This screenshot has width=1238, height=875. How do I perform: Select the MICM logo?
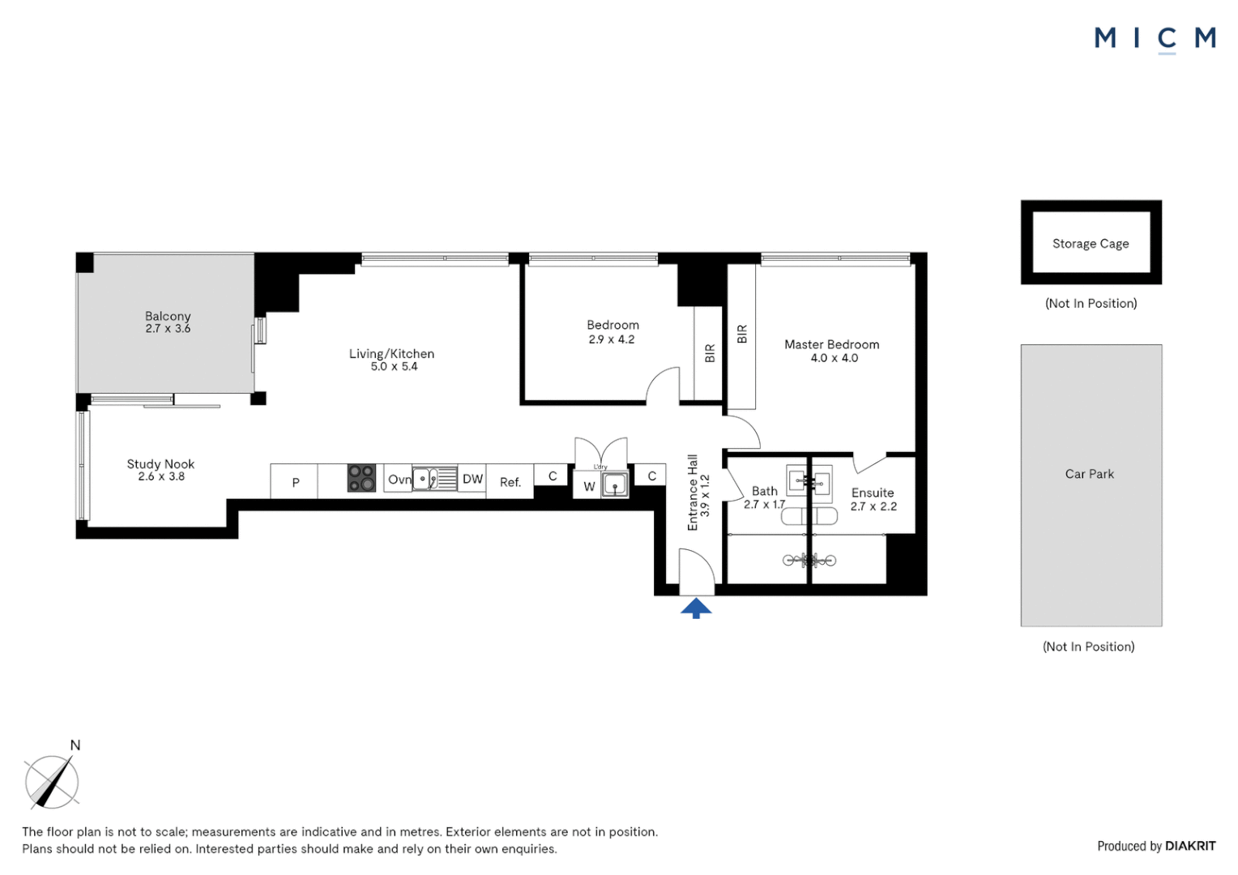click(1155, 39)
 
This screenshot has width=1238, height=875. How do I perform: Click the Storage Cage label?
click(1090, 244)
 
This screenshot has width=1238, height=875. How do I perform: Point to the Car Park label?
click(1089, 474)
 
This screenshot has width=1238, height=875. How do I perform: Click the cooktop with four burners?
click(361, 478)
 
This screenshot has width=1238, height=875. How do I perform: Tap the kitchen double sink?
click(435, 479)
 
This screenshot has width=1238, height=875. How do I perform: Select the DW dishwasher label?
click(472, 479)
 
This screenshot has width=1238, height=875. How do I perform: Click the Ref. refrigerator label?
click(510, 482)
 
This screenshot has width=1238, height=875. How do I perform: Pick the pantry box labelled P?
click(295, 482)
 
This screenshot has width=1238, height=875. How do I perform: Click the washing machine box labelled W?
click(589, 486)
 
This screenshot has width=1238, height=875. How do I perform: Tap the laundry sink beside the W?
click(615, 484)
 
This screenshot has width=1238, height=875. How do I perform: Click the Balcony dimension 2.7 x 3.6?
click(168, 329)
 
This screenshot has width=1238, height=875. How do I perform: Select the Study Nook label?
click(160, 464)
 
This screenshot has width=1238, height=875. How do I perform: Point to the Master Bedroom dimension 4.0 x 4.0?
click(834, 358)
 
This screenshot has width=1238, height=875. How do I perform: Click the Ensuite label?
click(873, 493)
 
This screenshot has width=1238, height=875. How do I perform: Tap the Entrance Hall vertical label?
click(693, 493)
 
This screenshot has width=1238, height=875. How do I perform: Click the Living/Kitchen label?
click(391, 354)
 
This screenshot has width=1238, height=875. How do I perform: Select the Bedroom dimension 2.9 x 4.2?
click(612, 339)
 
